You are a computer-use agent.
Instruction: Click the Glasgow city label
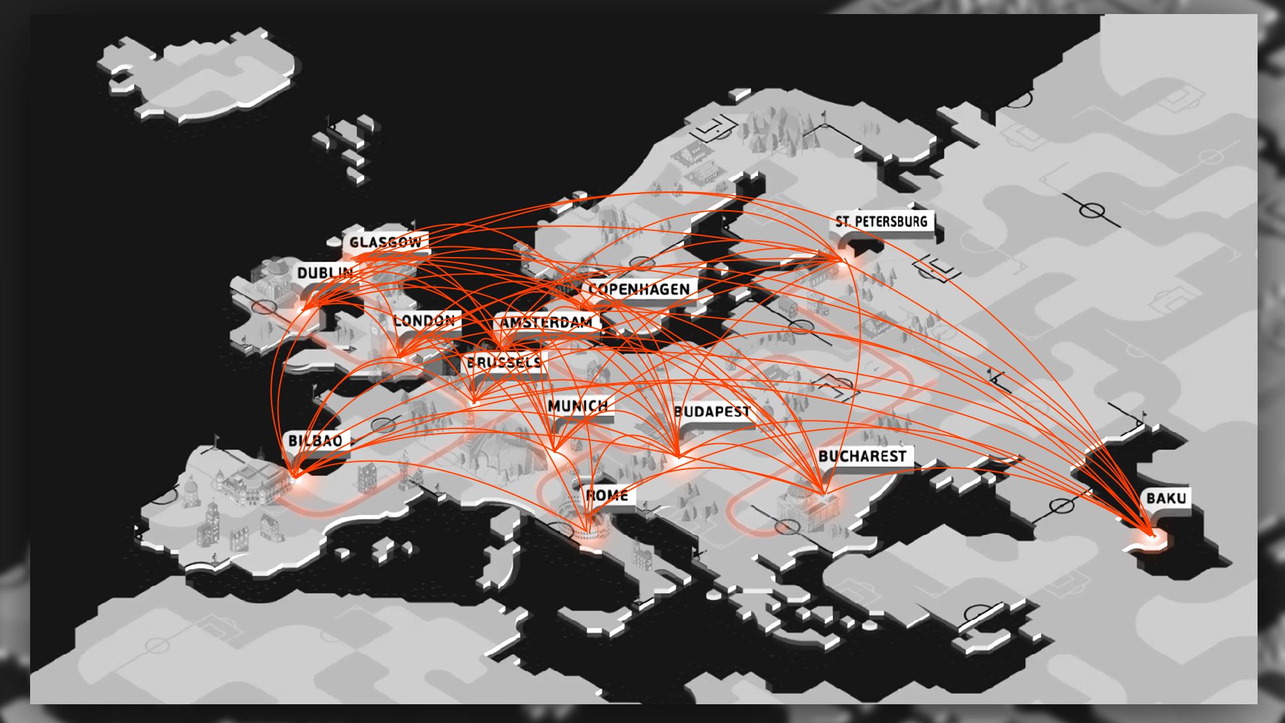[385, 242]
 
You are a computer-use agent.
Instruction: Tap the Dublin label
[325, 272]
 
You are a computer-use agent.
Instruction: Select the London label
[424, 321]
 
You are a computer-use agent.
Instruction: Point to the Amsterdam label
[547, 322]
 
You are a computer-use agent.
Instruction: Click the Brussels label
[504, 362]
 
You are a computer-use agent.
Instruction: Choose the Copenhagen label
[639, 289]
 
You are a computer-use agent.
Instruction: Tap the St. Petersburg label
[881, 221]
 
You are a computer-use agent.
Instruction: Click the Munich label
[578, 406]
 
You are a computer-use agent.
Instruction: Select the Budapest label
[712, 411]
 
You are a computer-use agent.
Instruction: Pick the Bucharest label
[862, 457]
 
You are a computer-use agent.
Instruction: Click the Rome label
[606, 495]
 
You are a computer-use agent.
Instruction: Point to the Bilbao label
[315, 440]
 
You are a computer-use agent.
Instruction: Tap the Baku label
[1166, 498]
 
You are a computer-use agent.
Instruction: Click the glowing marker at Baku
[1152, 536]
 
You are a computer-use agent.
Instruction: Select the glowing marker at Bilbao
[294, 478]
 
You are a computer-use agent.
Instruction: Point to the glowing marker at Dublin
[305, 309]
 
